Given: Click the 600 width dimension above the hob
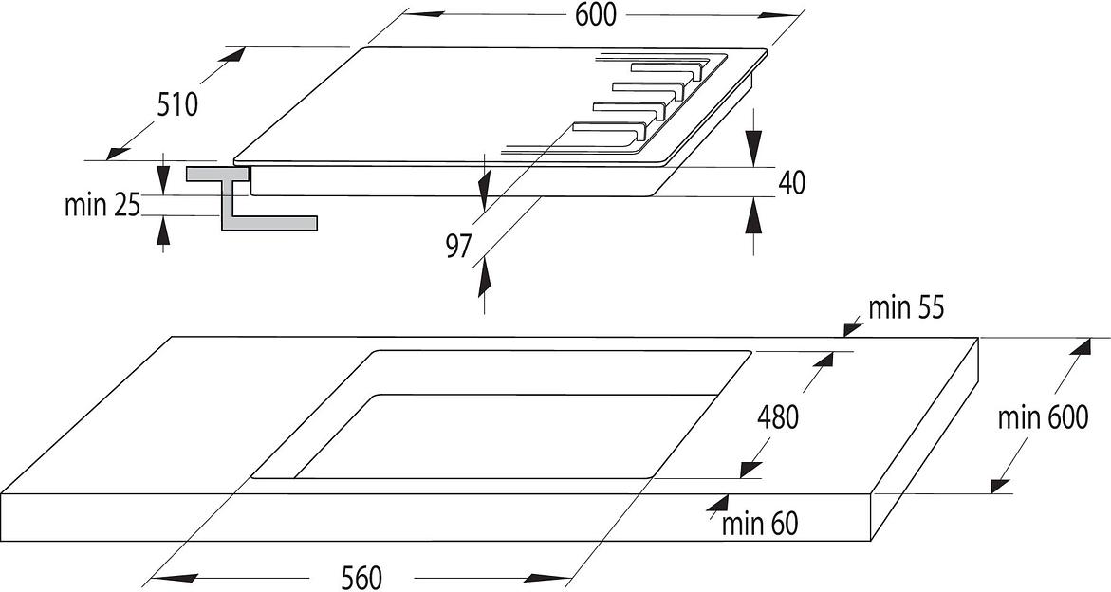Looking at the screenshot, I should pyautogui.click(x=595, y=14).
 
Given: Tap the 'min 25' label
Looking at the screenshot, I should pyautogui.click(x=102, y=204).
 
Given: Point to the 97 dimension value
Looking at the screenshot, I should pyautogui.click(x=458, y=247).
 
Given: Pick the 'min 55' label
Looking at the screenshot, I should pyautogui.click(x=906, y=307).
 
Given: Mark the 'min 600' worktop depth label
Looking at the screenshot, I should pyautogui.click(x=1042, y=416).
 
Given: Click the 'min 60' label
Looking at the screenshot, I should pyautogui.click(x=760, y=523).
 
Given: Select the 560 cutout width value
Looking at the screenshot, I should pyautogui.click(x=362, y=577).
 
